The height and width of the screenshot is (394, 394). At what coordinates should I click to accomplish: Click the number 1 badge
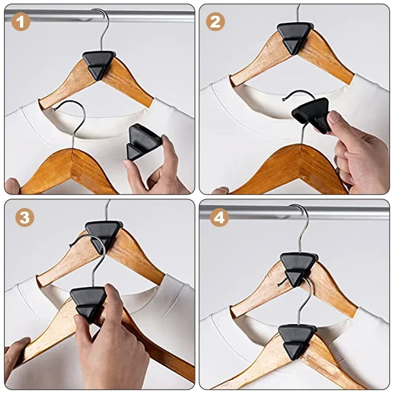click(20, 22)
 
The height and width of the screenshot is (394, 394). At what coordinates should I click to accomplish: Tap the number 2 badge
click(216, 22)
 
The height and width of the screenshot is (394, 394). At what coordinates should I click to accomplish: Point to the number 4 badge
click(219, 217)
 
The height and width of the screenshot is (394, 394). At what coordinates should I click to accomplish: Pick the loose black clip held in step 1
click(143, 142)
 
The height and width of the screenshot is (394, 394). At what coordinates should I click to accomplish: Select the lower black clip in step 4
click(297, 339)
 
